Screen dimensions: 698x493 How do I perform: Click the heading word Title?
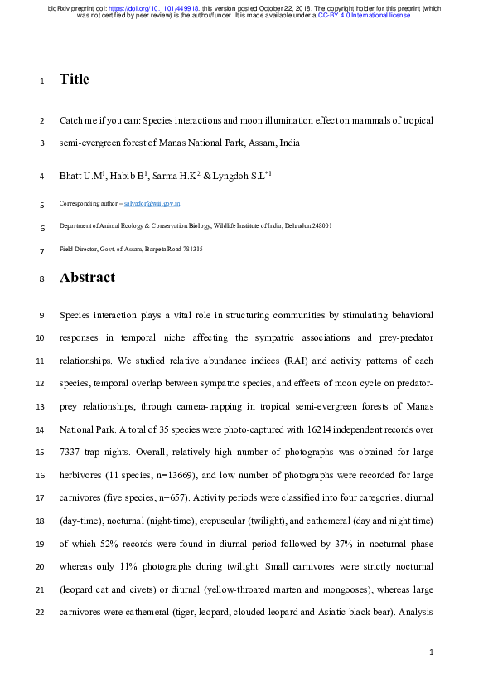pyautogui.click(x=74, y=80)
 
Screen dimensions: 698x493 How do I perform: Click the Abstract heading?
pyautogui.click(x=87, y=278)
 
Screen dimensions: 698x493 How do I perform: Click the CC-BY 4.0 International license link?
pyautogui.click(x=365, y=15)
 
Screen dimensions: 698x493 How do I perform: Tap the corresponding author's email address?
pyautogui.click(x=157, y=203)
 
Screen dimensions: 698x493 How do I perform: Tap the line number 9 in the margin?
pyautogui.click(x=42, y=317)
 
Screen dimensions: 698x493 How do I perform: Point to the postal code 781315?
pyautogui.click(x=191, y=249)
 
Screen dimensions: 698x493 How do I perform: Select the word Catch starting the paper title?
pyautogui.click(x=71, y=120)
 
